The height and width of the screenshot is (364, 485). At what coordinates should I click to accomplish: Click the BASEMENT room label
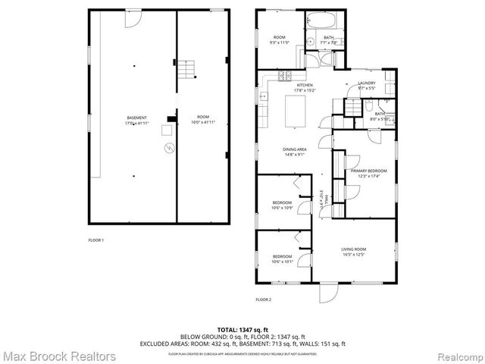136,118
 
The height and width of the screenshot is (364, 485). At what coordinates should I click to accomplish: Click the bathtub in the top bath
327,20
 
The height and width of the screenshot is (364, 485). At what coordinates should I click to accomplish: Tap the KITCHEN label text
305,85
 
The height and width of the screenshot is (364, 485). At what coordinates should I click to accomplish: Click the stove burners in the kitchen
286,74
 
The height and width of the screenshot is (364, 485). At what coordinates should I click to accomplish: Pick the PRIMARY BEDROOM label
368,171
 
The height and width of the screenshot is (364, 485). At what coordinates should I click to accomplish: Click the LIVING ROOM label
354,249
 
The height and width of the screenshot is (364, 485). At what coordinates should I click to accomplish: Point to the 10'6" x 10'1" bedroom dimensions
283,262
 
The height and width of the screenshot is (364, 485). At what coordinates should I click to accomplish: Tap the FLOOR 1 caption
96,240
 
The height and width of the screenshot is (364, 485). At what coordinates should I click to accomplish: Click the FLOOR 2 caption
263,300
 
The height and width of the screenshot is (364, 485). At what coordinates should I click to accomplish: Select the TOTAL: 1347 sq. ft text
242,329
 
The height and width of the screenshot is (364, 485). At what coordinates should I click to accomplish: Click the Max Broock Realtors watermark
59,356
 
